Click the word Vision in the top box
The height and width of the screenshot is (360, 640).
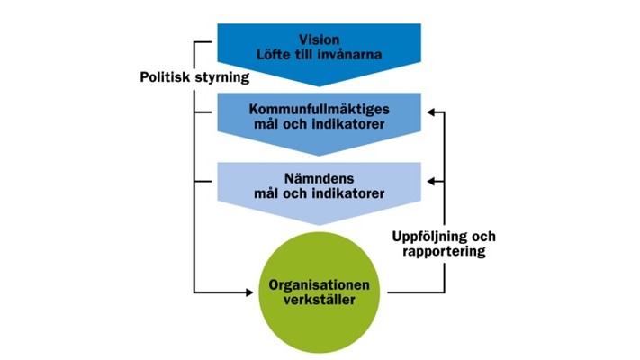pos(320,40)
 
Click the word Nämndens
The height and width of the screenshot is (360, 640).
pos(320,177)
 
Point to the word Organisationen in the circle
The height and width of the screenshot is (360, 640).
pos(320,284)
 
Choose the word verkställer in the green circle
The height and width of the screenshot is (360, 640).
pos(320,300)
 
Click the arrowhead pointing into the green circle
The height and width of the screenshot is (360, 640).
pos(251,292)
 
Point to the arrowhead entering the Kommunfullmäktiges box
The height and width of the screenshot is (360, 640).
pos(432,112)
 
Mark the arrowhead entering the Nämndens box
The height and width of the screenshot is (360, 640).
pos(432,181)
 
